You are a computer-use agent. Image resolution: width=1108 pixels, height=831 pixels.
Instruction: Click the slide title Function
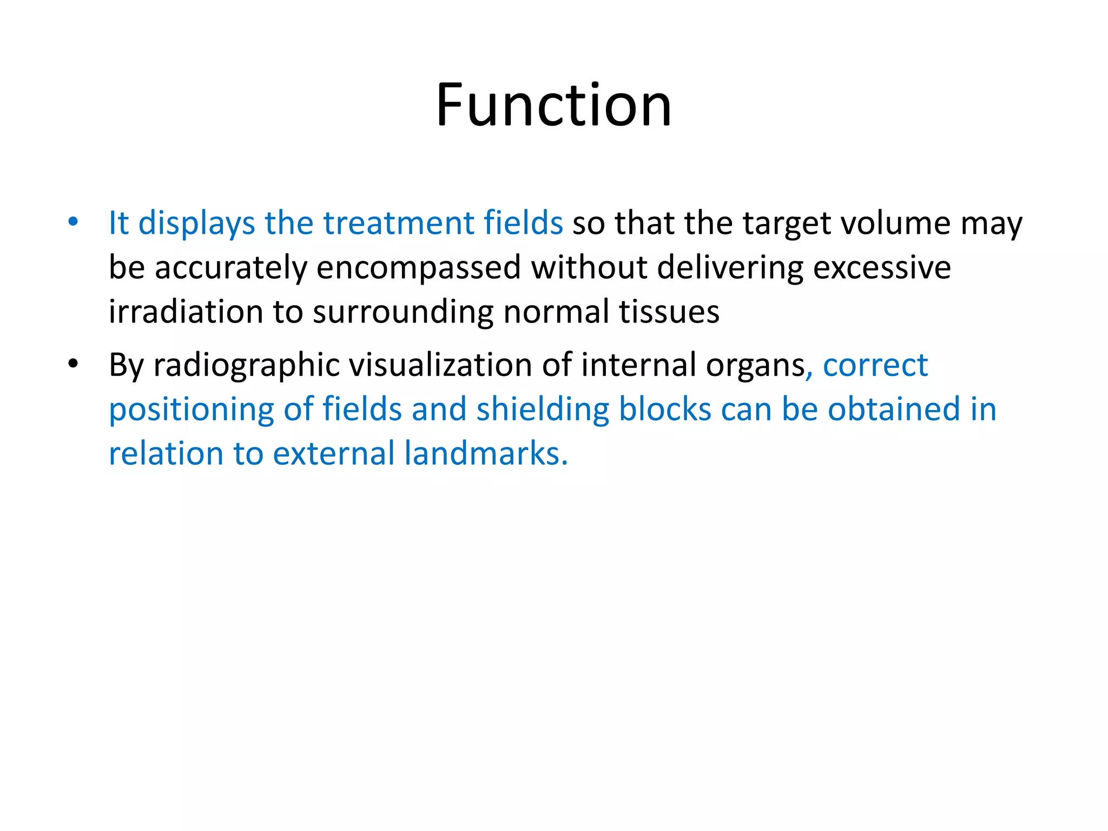tap(553, 105)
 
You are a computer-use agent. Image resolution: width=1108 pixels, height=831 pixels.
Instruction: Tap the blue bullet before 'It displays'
tap(73, 221)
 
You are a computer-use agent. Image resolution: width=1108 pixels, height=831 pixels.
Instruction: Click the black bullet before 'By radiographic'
tap(73, 364)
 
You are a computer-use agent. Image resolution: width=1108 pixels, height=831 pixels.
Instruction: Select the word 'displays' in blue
tap(196, 223)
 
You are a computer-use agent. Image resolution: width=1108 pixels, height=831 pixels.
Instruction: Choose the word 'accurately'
tap(231, 268)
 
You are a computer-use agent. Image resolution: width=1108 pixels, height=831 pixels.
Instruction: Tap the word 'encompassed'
tap(418, 268)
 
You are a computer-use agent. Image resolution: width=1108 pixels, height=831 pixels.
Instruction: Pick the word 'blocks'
tap(664, 409)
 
